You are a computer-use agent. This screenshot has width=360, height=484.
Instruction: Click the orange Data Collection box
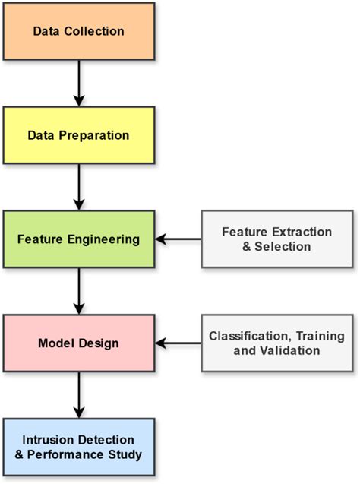pos(79,32)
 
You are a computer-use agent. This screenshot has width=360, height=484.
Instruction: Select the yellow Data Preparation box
pos(79,135)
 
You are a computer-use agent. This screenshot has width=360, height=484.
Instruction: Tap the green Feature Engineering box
pos(79,239)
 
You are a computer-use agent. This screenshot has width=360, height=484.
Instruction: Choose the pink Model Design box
pos(79,343)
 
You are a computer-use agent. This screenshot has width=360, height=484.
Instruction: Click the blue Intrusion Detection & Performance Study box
pos(79,448)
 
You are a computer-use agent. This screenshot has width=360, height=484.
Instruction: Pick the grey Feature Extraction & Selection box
pos(278,239)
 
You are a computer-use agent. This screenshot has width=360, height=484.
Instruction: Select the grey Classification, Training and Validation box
pos(278,343)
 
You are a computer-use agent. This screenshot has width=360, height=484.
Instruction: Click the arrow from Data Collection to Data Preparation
pos(79,84)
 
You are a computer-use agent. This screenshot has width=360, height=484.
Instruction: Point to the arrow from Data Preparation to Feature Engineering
pos(79,187)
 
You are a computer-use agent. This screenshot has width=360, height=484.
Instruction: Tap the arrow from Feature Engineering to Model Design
pos(79,291)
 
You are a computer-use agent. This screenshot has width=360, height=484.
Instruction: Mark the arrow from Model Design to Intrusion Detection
pos(79,395)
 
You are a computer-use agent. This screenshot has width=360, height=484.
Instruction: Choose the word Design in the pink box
pos(99,343)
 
